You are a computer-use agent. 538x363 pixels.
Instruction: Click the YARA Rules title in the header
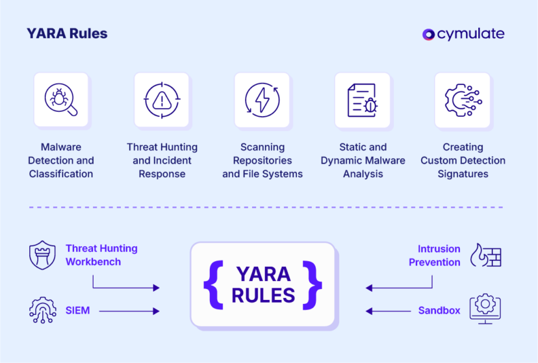click(x=67, y=34)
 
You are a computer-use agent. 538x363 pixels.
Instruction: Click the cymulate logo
click(x=463, y=34)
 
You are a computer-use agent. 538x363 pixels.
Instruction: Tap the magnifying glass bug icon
click(x=61, y=100)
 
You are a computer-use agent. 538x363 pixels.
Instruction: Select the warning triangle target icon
click(x=161, y=100)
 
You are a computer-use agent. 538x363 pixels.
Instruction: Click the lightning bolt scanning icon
click(x=262, y=100)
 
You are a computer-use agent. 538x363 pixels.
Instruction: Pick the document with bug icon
click(x=362, y=100)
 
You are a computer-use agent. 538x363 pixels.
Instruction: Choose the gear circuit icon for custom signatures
click(x=462, y=100)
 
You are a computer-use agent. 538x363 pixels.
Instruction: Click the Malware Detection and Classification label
click(x=61, y=160)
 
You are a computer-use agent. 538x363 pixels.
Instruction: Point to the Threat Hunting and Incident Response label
click(x=162, y=160)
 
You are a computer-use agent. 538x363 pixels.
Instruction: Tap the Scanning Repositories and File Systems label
click(x=263, y=160)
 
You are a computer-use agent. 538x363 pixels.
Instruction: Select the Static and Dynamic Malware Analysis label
click(x=363, y=160)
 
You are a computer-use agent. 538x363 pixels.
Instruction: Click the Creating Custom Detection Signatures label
click(x=463, y=160)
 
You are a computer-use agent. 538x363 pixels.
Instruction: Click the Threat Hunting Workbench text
click(x=101, y=255)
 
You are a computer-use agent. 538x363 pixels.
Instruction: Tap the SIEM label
click(x=77, y=311)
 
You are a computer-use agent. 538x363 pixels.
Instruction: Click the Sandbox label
click(x=439, y=311)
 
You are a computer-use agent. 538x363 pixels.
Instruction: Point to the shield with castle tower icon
click(x=43, y=255)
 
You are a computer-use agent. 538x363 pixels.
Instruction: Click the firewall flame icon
click(x=485, y=256)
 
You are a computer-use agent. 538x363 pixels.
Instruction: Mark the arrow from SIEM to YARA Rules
click(x=130, y=312)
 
